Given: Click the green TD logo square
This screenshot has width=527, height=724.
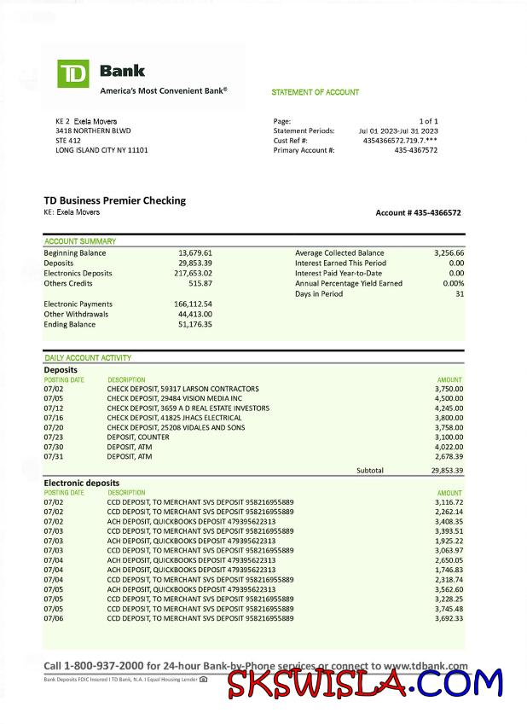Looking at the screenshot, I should pos(73,74).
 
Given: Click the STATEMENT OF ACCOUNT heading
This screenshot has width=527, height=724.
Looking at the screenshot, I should pos(316,92).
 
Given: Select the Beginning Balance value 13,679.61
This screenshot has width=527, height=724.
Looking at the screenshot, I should pos(195,253).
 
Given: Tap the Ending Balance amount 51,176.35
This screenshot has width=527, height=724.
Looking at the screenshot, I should pos(195,324).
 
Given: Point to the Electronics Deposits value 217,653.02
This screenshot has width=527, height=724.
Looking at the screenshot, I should pos(193,273).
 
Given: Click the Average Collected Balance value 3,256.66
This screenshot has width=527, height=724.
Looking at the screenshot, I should pos(449,253).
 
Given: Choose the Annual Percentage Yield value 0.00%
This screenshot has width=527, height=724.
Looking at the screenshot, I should pos(454,283).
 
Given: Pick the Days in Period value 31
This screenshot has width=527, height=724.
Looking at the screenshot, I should pos(460,293).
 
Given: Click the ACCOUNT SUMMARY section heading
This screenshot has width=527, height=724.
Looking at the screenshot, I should pos(80,241).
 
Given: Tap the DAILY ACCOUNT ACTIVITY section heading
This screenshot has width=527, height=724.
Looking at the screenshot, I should pos(88,358).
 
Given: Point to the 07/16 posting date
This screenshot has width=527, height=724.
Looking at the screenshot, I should pos(53,419).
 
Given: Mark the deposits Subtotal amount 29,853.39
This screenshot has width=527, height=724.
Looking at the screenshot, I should pos(447,470).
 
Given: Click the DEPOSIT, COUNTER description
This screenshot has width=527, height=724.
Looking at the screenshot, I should pos(138,437).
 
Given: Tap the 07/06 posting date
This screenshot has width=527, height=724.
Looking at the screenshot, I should pos(53,619).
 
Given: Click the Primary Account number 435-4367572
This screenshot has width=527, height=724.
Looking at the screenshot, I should pos(416,150).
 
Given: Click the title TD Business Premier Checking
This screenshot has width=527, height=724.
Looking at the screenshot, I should pos(114,200).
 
